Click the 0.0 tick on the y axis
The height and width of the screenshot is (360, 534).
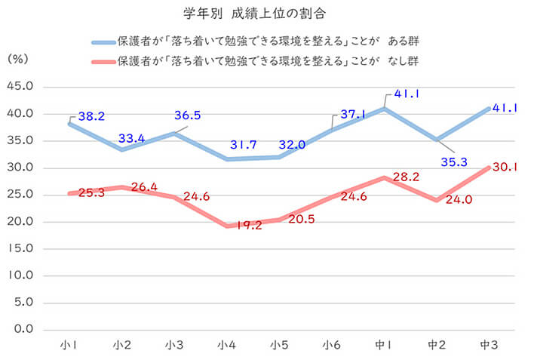pyautogui.click(x=23, y=329)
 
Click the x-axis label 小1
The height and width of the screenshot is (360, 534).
pyautogui.click(x=69, y=345)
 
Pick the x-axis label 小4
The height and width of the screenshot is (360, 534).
pyautogui.click(x=228, y=345)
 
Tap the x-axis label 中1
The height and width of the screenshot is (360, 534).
pyautogui.click(x=383, y=345)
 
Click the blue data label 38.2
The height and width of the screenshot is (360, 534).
pyautogui.click(x=91, y=116)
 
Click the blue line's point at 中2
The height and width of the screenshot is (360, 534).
pyautogui.click(x=436, y=140)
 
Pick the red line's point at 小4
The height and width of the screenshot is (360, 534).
pyautogui.click(x=228, y=226)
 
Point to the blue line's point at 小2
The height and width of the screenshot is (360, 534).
pyautogui.click(x=122, y=149)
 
